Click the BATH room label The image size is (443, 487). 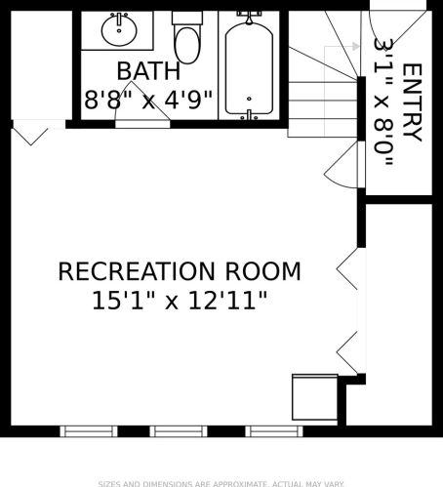coord(148,71)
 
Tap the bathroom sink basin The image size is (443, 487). coord(119,30)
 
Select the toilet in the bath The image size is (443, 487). coord(187,37)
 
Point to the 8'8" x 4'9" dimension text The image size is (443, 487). coord(148,100)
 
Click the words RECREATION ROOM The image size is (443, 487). coord(180,271)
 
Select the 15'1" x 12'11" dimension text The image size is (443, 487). coord(180,301)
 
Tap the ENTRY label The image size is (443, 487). coord(413,102)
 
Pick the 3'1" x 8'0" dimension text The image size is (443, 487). coord(384,101)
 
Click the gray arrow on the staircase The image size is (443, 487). coord(342,46)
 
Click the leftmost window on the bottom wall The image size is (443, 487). coord(89,431)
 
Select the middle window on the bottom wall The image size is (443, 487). coord(179,431)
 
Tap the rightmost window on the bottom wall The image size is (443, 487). coord(274,431)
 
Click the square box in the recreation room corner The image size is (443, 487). coord(314,397)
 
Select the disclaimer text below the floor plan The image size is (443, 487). coord(221,484)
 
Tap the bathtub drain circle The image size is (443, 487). coord(249,99)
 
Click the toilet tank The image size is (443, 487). coord(187,18)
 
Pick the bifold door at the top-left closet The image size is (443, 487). coord(30,137)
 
